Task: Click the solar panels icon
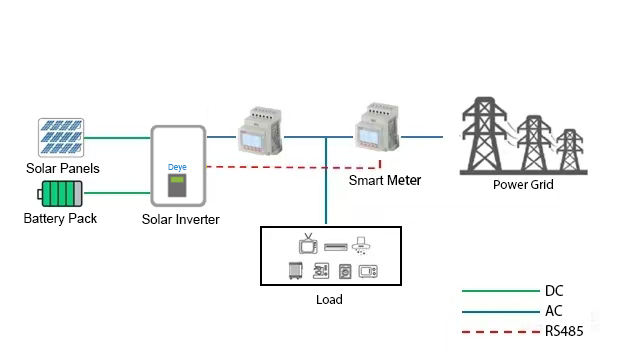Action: (61, 138)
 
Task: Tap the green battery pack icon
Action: (60, 193)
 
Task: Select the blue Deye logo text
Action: (177, 167)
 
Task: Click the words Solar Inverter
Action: (180, 219)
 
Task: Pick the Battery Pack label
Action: (60, 218)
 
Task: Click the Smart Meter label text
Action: (384, 180)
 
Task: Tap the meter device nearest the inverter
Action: (260, 131)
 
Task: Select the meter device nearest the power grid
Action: (377, 127)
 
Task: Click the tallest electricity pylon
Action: (484, 134)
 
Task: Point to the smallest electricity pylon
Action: (570, 150)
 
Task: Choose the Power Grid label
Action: (523, 184)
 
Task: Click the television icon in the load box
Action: (308, 244)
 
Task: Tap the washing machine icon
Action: (345, 271)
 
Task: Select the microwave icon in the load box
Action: (368, 271)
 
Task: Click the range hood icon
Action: (360, 246)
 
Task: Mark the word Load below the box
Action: (329, 300)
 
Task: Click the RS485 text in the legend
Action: (564, 331)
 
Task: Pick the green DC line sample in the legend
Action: (501, 291)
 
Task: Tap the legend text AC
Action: (553, 311)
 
